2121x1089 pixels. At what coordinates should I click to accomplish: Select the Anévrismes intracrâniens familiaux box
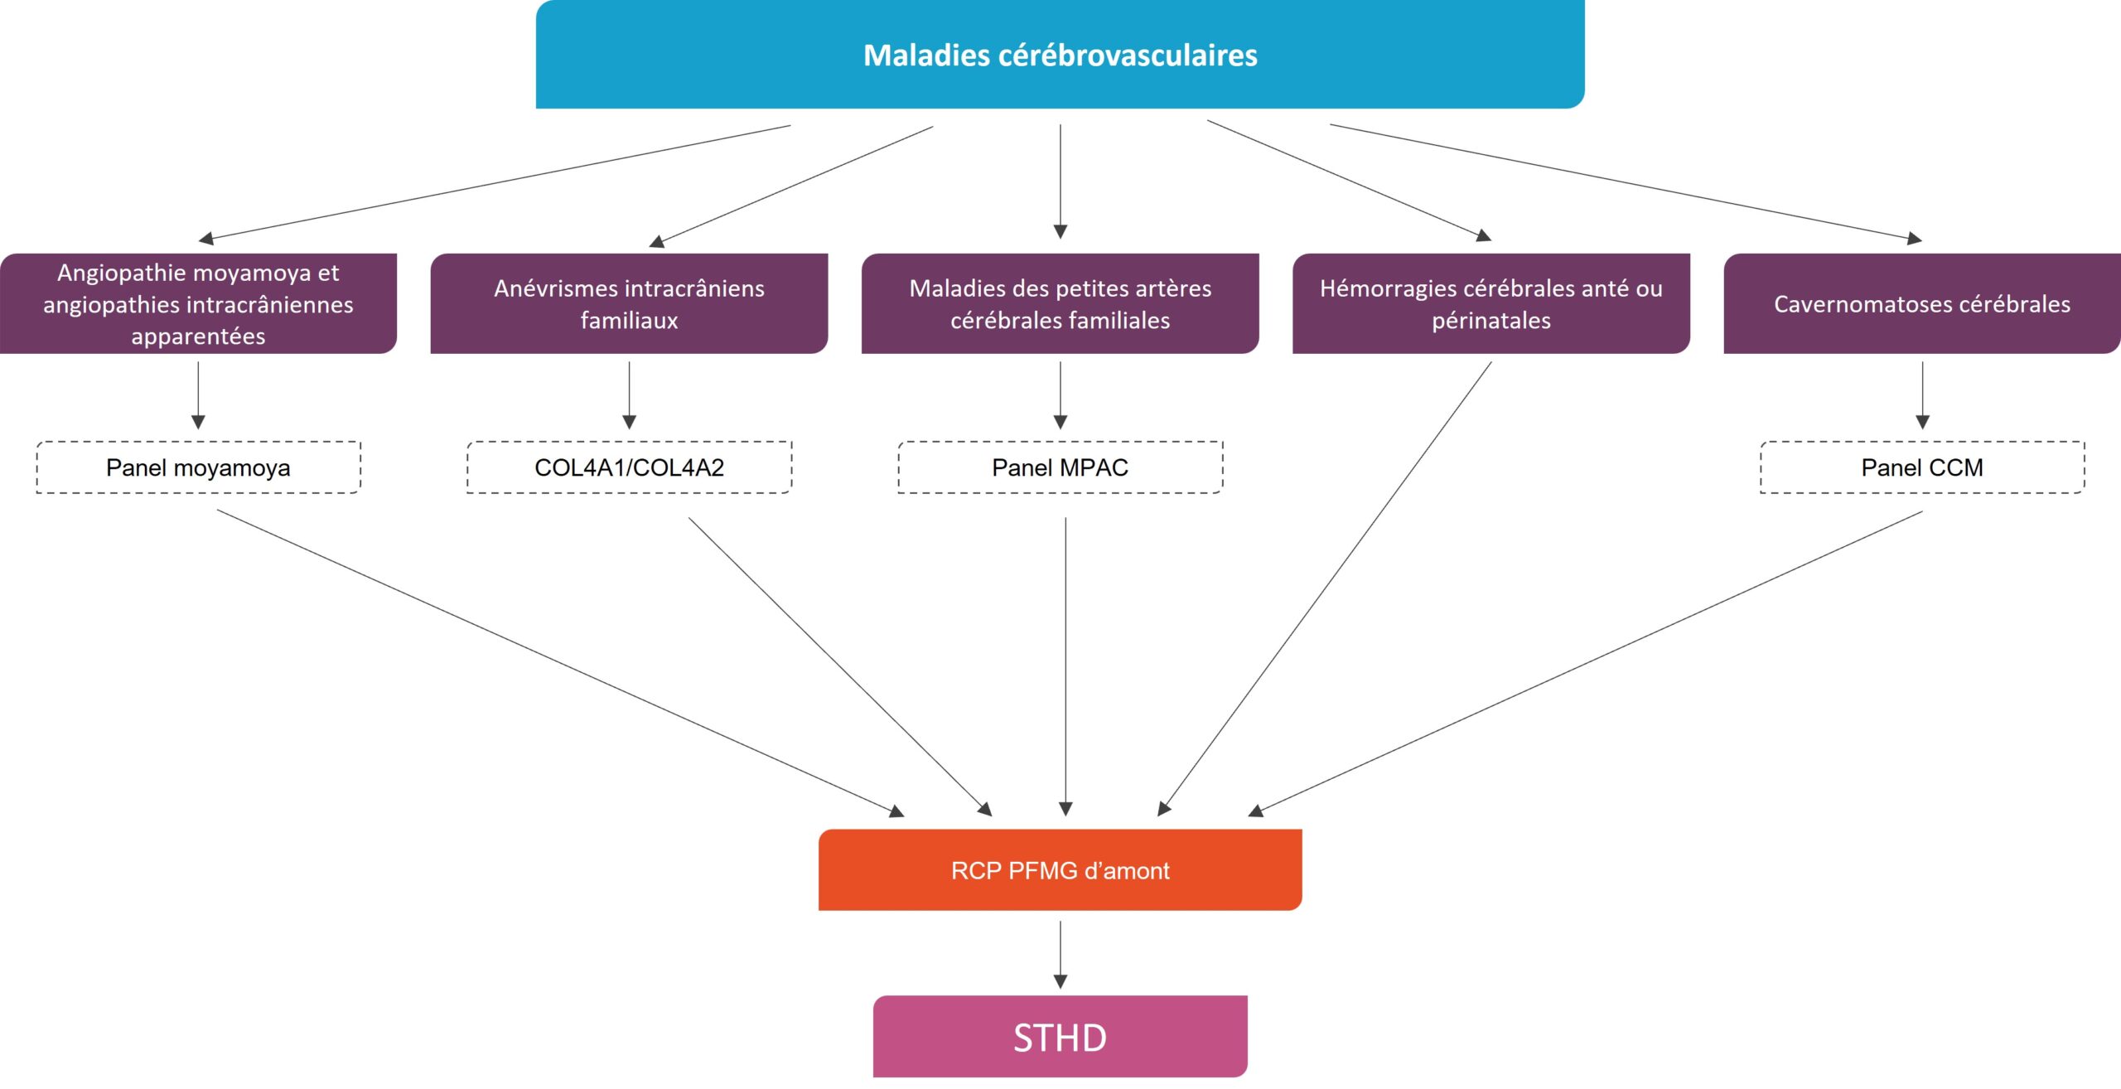tap(629, 303)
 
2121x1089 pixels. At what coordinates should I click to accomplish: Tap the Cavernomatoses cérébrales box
tap(1921, 303)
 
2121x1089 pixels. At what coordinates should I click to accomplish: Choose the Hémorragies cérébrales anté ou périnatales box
tap(1490, 303)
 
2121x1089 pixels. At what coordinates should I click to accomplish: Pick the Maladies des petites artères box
tap(1060, 303)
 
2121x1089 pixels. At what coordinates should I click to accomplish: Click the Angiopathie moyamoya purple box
tap(198, 303)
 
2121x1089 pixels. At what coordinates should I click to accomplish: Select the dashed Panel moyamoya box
tap(198, 467)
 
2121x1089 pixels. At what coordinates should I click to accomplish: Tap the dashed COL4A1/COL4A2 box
tap(629, 467)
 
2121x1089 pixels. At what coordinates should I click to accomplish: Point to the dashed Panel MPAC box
tap(1060, 467)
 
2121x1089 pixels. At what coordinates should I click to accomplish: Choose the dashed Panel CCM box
tap(1921, 467)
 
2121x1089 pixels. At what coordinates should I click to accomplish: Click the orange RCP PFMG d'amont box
tap(1060, 869)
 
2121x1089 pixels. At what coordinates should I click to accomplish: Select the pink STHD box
tap(1060, 1036)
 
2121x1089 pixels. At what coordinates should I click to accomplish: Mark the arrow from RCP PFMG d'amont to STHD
tap(1060, 953)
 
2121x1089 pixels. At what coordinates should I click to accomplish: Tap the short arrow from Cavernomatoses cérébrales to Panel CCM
tap(1922, 394)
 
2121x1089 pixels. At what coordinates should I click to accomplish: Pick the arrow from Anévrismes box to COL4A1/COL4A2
tap(629, 394)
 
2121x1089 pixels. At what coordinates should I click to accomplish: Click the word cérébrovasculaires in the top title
tap(1128, 56)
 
